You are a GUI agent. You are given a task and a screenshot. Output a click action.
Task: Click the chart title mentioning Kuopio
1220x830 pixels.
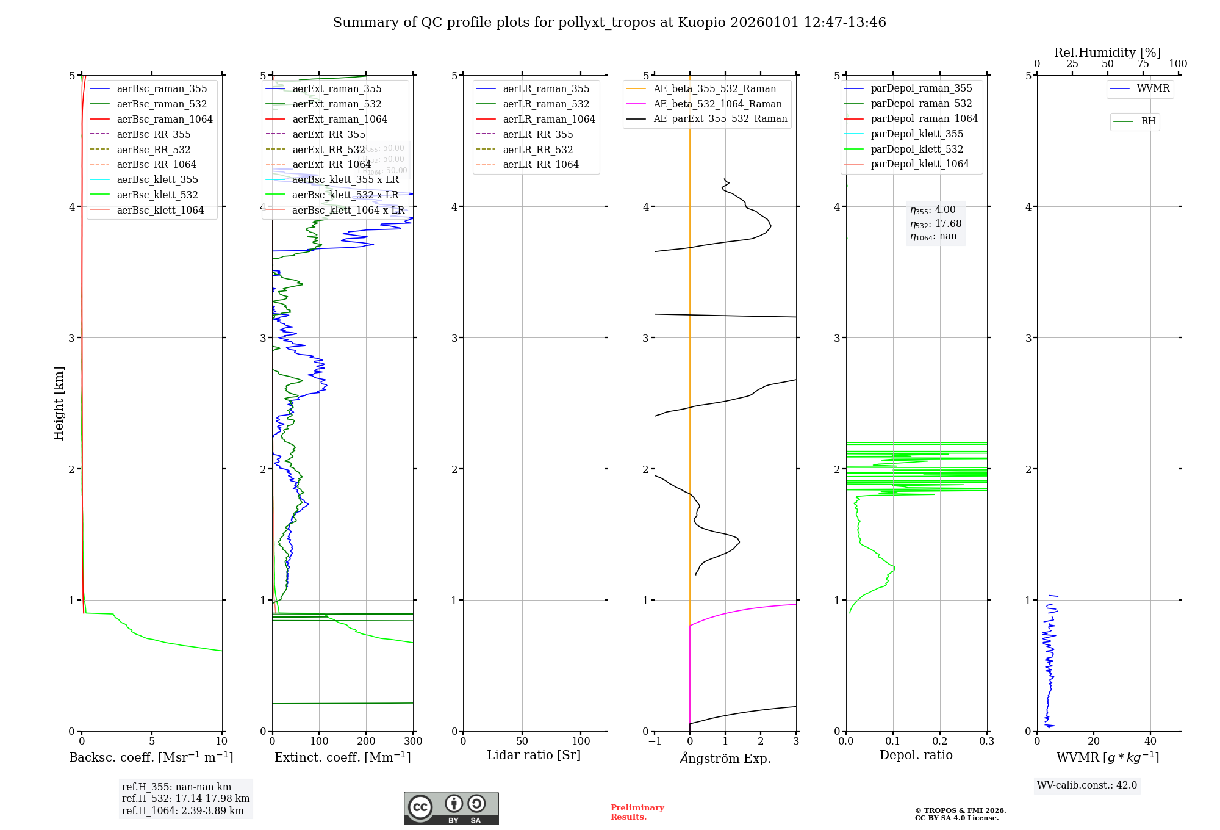click(x=609, y=23)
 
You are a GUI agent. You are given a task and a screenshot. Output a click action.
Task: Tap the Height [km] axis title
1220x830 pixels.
click(x=59, y=403)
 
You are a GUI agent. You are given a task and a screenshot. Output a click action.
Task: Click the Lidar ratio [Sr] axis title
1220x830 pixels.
click(x=534, y=755)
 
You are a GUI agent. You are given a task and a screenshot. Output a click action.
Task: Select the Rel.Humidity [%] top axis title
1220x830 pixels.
click(x=1107, y=52)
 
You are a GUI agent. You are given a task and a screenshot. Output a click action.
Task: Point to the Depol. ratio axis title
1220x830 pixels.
click(x=916, y=755)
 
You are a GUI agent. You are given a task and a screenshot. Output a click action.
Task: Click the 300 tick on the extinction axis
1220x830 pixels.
click(x=413, y=741)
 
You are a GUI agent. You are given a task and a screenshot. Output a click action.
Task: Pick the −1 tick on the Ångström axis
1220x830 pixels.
click(x=655, y=741)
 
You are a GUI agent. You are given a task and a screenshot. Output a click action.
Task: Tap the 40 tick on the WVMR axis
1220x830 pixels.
click(x=1150, y=741)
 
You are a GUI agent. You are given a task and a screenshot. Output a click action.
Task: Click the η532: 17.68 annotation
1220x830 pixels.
click(x=936, y=224)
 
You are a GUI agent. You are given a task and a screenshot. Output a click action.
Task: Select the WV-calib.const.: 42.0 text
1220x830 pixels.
click(x=1086, y=785)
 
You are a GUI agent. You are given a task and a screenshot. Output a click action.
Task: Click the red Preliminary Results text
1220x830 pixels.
click(x=637, y=812)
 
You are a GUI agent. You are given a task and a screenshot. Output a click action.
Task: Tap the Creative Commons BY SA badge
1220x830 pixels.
click(x=451, y=808)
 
